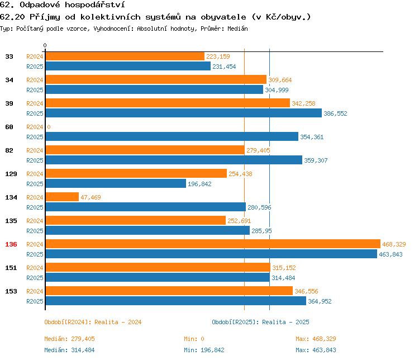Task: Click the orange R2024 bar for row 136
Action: [212, 244]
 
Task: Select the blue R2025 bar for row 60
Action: [172, 137]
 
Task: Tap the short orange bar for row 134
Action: [61, 197]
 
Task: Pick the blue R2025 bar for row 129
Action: [115, 184]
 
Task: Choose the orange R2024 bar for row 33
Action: [125, 56]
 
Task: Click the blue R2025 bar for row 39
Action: [183, 113]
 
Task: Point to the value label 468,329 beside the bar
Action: [394, 244]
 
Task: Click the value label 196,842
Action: [199, 184]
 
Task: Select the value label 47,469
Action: [91, 197]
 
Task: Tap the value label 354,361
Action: [312, 137]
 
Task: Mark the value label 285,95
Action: [261, 231]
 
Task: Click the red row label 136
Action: [11, 244]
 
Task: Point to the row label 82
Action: [9, 150]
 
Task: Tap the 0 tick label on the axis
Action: [45, 45]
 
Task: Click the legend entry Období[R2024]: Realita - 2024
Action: [93, 322]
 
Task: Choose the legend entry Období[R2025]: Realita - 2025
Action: [260, 322]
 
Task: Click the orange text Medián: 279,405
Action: [73, 339]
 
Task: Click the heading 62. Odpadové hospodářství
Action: [61, 5]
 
